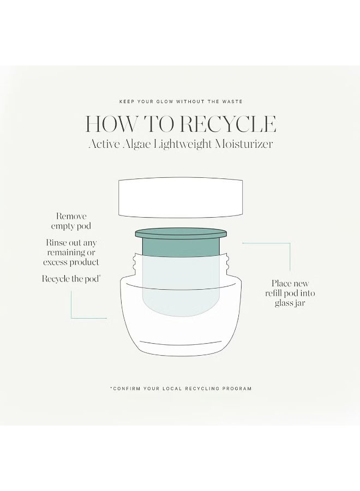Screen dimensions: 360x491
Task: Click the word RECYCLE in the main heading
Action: pos(229,124)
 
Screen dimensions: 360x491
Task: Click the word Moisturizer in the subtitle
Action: pos(244,144)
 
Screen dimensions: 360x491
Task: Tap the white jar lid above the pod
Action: pos(181,197)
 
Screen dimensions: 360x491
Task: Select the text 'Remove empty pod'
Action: pos(71,221)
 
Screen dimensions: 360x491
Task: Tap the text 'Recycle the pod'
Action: pos(71,279)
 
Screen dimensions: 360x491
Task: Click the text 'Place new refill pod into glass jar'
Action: pos(290,293)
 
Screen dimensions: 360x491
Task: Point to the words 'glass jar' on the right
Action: pos(290,303)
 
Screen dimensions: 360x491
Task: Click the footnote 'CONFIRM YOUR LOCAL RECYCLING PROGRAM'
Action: pos(181,388)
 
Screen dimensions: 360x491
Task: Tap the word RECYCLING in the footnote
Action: pos(202,388)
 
